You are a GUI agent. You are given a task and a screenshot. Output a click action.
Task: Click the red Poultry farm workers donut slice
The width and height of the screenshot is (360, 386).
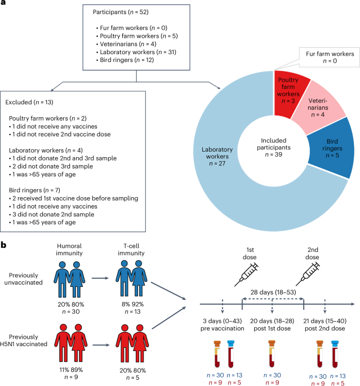[291, 91]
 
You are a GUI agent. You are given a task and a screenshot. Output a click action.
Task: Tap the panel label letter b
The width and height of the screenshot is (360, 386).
[4, 246]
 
